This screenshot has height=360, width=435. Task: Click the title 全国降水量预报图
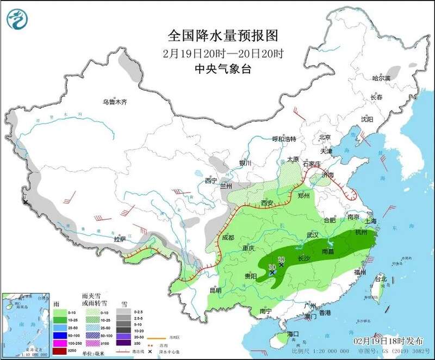223,36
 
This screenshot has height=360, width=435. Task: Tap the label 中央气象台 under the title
223,69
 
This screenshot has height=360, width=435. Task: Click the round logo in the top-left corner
16,18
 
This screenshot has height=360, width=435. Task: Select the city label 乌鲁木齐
115,102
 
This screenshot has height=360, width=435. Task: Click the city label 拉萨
120,239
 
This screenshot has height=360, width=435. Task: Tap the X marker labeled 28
282,265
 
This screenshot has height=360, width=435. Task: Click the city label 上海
371,221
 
